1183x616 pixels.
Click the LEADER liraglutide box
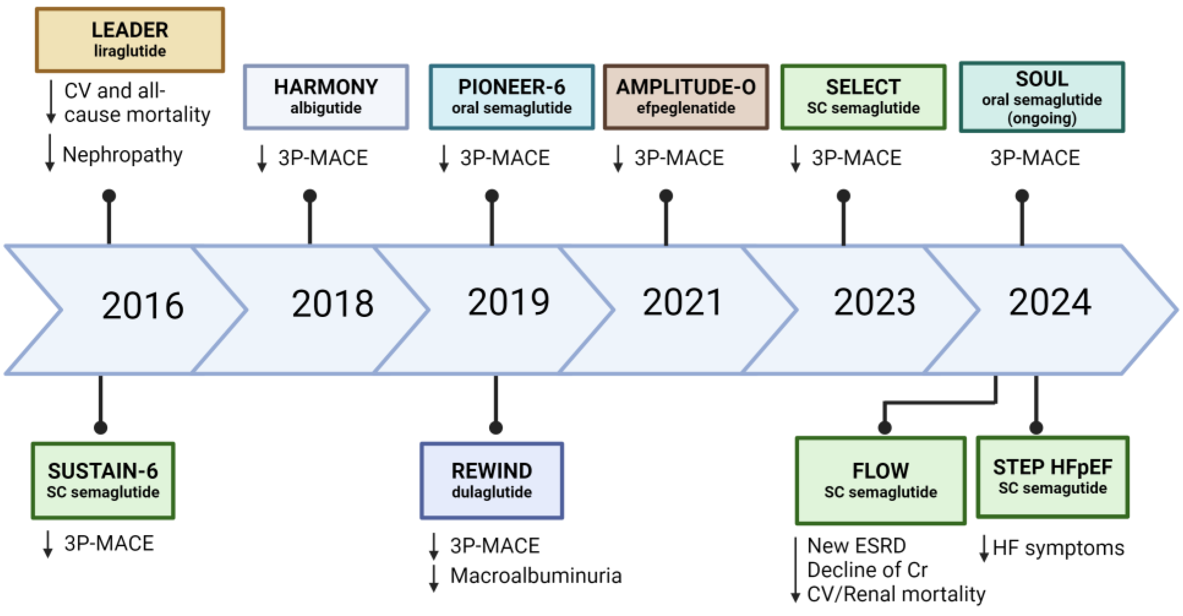(130, 40)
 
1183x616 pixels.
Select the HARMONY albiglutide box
(326, 97)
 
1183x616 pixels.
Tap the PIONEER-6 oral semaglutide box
(512, 97)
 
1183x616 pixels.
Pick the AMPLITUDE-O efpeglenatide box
(686, 97)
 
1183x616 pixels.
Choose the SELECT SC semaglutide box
(863, 97)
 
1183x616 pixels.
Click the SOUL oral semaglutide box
(1041, 97)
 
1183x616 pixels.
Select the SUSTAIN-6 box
(103, 481)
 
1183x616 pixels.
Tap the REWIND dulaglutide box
(492, 481)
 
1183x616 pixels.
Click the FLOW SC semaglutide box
(880, 481)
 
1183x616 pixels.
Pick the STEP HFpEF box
(1052, 477)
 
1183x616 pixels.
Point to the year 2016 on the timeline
(142, 306)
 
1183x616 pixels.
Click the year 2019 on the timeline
(508, 302)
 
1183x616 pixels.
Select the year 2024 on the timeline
(1049, 302)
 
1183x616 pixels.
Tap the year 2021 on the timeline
(682, 302)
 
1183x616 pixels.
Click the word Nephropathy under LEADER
(123, 155)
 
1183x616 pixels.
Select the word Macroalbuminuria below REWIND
(536, 576)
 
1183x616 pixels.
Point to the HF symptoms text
(1058, 548)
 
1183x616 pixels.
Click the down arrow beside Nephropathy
(50, 153)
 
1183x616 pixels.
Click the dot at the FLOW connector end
(884, 428)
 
